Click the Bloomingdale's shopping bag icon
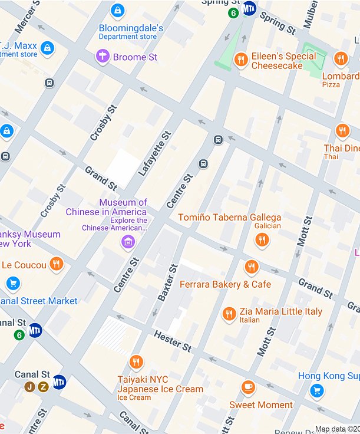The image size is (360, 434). (118, 11)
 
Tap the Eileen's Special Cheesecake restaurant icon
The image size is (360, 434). (240, 60)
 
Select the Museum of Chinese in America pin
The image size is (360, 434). (128, 241)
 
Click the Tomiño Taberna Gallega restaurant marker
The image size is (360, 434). (262, 239)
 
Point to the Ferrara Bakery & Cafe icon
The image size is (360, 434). (252, 267)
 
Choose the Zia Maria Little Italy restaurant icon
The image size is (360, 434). (230, 314)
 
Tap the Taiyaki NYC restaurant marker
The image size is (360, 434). (136, 362)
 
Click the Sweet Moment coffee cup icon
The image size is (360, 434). (249, 387)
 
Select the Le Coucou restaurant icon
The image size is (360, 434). (56, 264)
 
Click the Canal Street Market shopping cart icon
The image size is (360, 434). (13, 284)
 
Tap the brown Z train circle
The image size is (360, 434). (43, 387)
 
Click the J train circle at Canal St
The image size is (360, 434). (29, 387)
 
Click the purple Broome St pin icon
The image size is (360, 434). (103, 57)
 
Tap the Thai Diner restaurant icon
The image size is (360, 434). (342, 131)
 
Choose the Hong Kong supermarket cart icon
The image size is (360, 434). (317, 390)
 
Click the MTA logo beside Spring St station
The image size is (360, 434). (249, 8)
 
